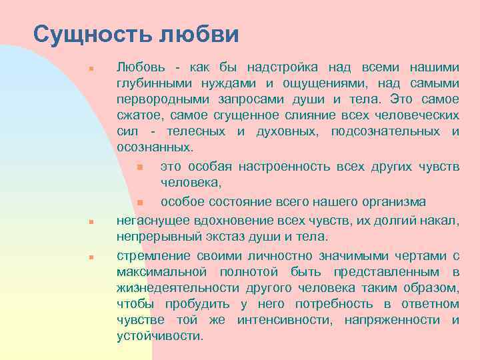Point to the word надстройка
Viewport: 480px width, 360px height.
pyautogui.click(x=281, y=67)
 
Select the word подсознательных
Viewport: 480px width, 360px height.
pyautogui.click(x=386, y=131)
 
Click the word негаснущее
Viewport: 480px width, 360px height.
pyautogui.click(x=150, y=221)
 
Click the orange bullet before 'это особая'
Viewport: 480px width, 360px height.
pyautogui.click(x=140, y=167)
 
